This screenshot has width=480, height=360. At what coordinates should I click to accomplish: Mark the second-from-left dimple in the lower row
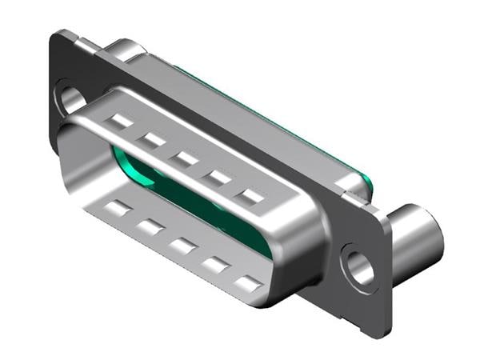pyautogui.click(x=150, y=227)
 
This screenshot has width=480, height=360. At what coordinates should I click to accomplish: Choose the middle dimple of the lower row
pyautogui.click(x=182, y=246)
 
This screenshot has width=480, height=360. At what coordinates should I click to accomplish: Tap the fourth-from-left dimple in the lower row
pyautogui.click(x=216, y=265)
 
